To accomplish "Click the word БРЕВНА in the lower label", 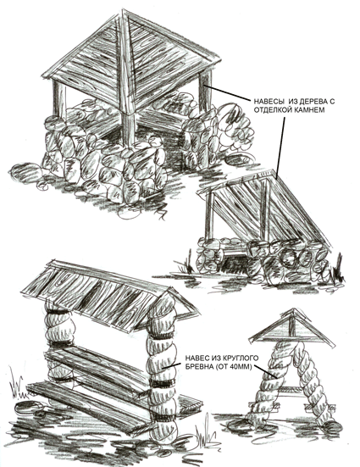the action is (x=197, y=366).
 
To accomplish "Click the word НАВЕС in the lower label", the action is (x=197, y=358).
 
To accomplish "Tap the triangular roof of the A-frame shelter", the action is (x=291, y=328).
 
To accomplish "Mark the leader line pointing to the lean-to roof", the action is (x=280, y=147).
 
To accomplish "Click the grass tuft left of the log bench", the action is (x=16, y=384).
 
